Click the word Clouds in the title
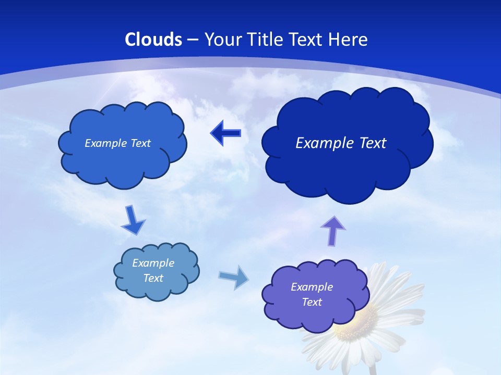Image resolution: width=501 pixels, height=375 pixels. tap(153, 40)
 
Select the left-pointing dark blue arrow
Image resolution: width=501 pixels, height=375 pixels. tap(225, 133)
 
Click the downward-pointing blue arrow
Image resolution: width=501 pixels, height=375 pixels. tap(133, 221)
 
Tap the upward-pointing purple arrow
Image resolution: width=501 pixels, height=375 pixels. tap(333, 231)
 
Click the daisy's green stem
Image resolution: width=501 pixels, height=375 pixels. tap(373, 369)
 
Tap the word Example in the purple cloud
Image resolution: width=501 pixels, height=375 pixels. tap(312, 287)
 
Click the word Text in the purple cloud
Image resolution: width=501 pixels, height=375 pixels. tap(312, 302)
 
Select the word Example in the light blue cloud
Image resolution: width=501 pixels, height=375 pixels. tap(153, 263)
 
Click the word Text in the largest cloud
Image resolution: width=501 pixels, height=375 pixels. tap(368, 143)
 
